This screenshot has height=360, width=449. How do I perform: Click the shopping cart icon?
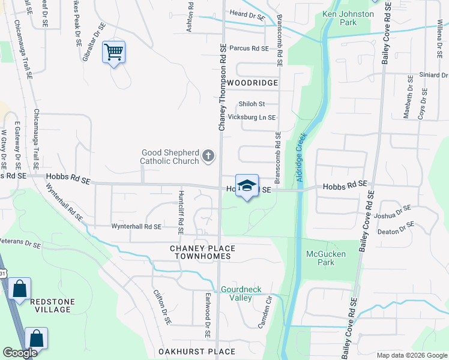click(x=113, y=52)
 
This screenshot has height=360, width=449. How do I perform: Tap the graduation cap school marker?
click(x=247, y=186)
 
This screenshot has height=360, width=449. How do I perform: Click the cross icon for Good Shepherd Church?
click(x=208, y=157)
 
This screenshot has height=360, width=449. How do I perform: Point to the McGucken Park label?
click(x=320, y=258)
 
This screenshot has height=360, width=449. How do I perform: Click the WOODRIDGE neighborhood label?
click(x=252, y=82)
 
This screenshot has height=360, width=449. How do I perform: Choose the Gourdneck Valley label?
click(x=241, y=293)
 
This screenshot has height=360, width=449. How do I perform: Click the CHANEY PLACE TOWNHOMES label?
click(x=203, y=252)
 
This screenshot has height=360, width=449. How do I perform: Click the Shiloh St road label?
click(x=252, y=104)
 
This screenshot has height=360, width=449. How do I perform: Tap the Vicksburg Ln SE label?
click(x=252, y=118)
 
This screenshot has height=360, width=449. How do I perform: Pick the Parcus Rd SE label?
click(x=249, y=48)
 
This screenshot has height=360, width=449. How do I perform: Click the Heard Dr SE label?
click(x=247, y=14)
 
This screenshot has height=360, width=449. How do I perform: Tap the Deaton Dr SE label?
click(x=396, y=228)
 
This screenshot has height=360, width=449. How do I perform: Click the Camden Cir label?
click(x=265, y=308)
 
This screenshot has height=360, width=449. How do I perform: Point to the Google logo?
click(x=20, y=353)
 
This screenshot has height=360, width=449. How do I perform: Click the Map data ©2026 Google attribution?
click(x=411, y=355)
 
